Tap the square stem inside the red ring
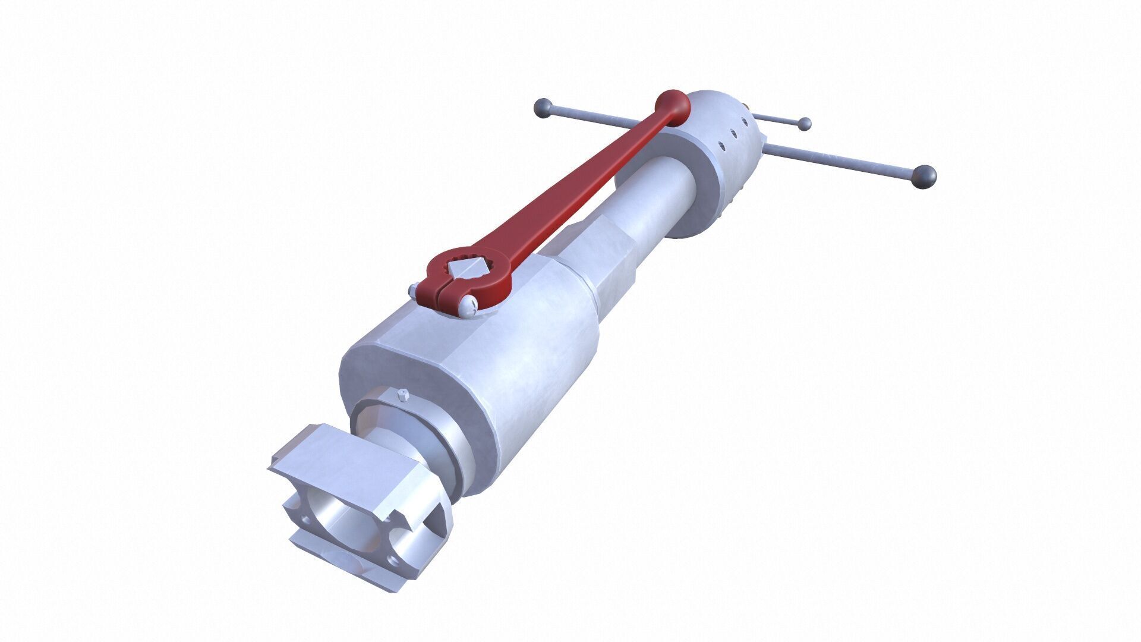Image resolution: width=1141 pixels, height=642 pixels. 468,267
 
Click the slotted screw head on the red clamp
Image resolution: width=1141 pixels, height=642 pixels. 468,307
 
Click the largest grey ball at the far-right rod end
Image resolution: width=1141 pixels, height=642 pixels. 923,177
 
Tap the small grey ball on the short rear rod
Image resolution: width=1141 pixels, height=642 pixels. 804,124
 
